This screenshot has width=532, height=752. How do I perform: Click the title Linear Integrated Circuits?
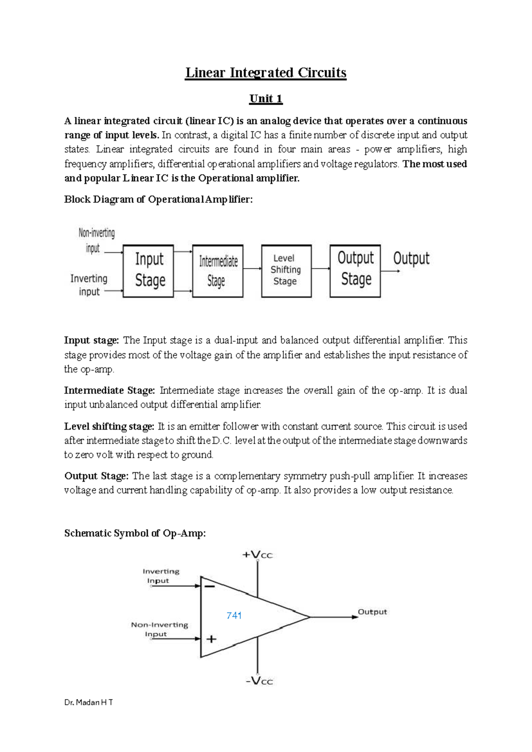tap(266, 73)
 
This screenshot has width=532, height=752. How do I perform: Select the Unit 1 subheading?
tap(266, 98)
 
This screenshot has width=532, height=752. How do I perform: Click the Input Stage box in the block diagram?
tap(148, 270)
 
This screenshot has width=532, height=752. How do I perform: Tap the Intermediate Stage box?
tap(218, 270)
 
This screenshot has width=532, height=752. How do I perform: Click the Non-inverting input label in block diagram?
tap(96, 240)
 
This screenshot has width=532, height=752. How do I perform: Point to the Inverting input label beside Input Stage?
tap(89, 285)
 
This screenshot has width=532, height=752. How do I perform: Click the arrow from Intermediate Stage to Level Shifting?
tap(252, 268)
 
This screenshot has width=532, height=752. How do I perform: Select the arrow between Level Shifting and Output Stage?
tap(321, 268)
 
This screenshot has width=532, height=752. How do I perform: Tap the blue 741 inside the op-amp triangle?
tap(234, 615)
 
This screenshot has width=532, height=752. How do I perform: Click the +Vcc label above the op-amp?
tap(257, 555)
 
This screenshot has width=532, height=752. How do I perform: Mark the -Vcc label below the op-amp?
tap(259, 681)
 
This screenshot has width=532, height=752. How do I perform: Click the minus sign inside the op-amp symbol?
tap(210, 587)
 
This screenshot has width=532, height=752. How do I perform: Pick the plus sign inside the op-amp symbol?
tap(211, 639)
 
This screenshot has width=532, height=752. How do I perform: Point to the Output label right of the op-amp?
tap(372, 612)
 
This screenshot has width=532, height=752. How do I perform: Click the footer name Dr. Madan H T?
tap(88, 702)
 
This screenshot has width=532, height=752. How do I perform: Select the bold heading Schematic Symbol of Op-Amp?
tap(135, 533)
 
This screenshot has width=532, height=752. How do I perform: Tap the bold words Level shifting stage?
tap(109, 426)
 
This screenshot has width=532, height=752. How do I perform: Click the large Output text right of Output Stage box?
tap(411, 258)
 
